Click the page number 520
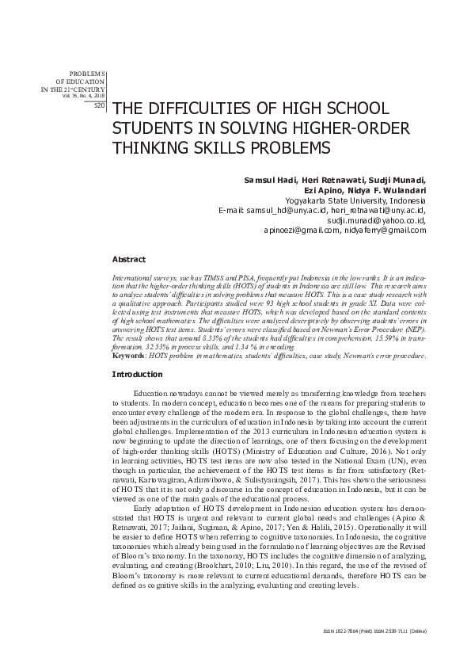click(99, 105)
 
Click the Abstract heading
click(128, 259)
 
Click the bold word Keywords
click(127, 357)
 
